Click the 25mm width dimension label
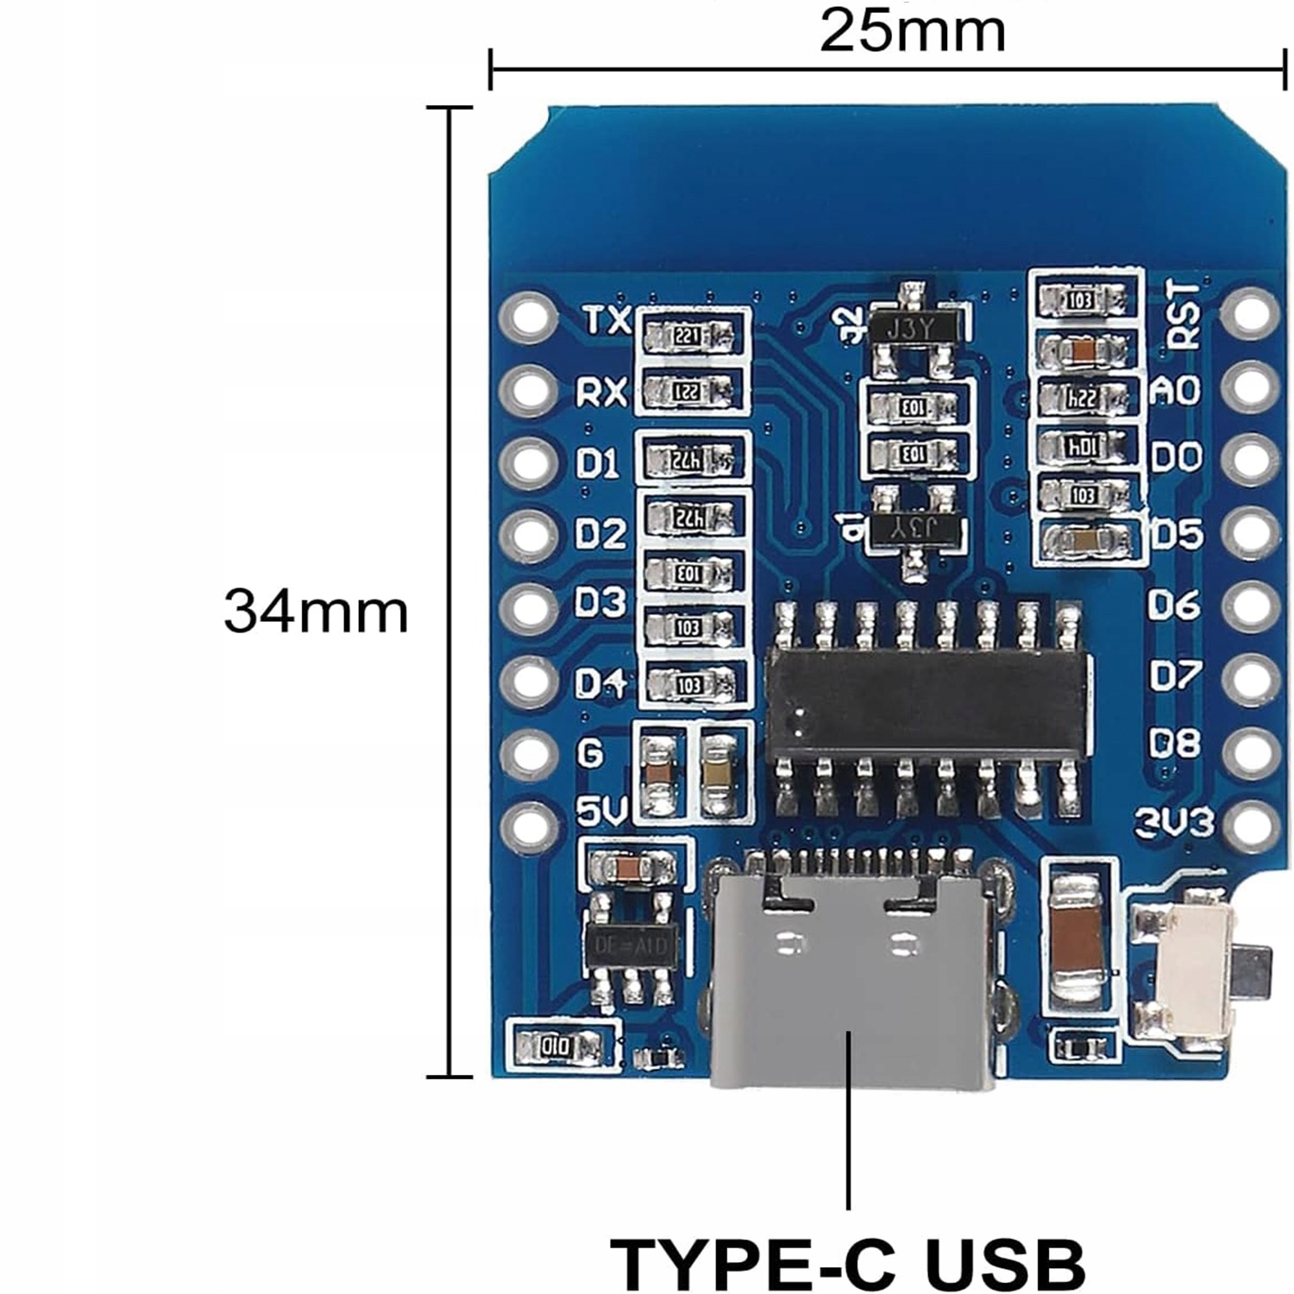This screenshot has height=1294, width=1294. [x=912, y=31]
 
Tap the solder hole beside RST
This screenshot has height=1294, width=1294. [x=1250, y=312]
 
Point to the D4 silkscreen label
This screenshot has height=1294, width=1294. [x=600, y=683]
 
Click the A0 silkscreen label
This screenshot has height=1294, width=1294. [x=1175, y=391]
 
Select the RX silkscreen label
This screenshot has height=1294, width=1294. [x=601, y=393]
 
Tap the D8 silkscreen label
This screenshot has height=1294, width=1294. [x=1174, y=744]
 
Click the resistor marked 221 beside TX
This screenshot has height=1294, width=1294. [x=688, y=336]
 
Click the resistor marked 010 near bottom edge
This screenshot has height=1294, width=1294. [x=556, y=1046]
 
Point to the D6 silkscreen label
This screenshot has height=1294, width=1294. [x=1174, y=605]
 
